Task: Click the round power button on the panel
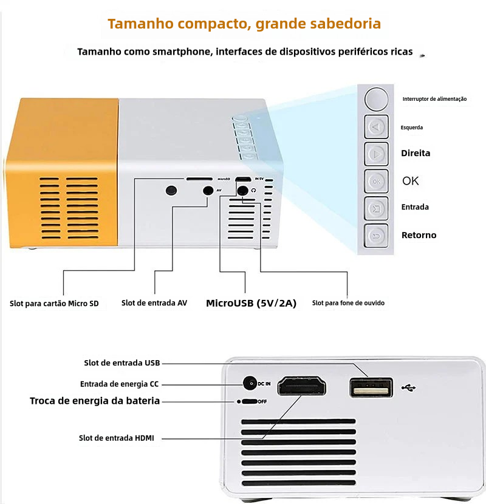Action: point(376,99)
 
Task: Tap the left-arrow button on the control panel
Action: point(376,127)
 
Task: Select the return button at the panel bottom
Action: point(376,236)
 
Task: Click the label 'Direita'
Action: point(416,153)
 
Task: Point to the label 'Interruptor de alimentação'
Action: point(434,99)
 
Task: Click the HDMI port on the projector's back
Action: point(301,386)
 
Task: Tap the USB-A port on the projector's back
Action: point(371,387)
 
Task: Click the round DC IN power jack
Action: point(250,383)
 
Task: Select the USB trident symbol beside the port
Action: point(408,388)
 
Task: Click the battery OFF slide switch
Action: point(249,401)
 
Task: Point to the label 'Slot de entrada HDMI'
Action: point(117,438)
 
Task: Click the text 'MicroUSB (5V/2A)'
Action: point(251,303)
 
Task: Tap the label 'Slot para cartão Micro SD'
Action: point(54,304)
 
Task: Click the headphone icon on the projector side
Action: point(254,191)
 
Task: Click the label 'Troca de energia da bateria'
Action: point(95,401)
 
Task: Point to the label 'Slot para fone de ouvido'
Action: point(348,303)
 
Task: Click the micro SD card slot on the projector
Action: point(199,179)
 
